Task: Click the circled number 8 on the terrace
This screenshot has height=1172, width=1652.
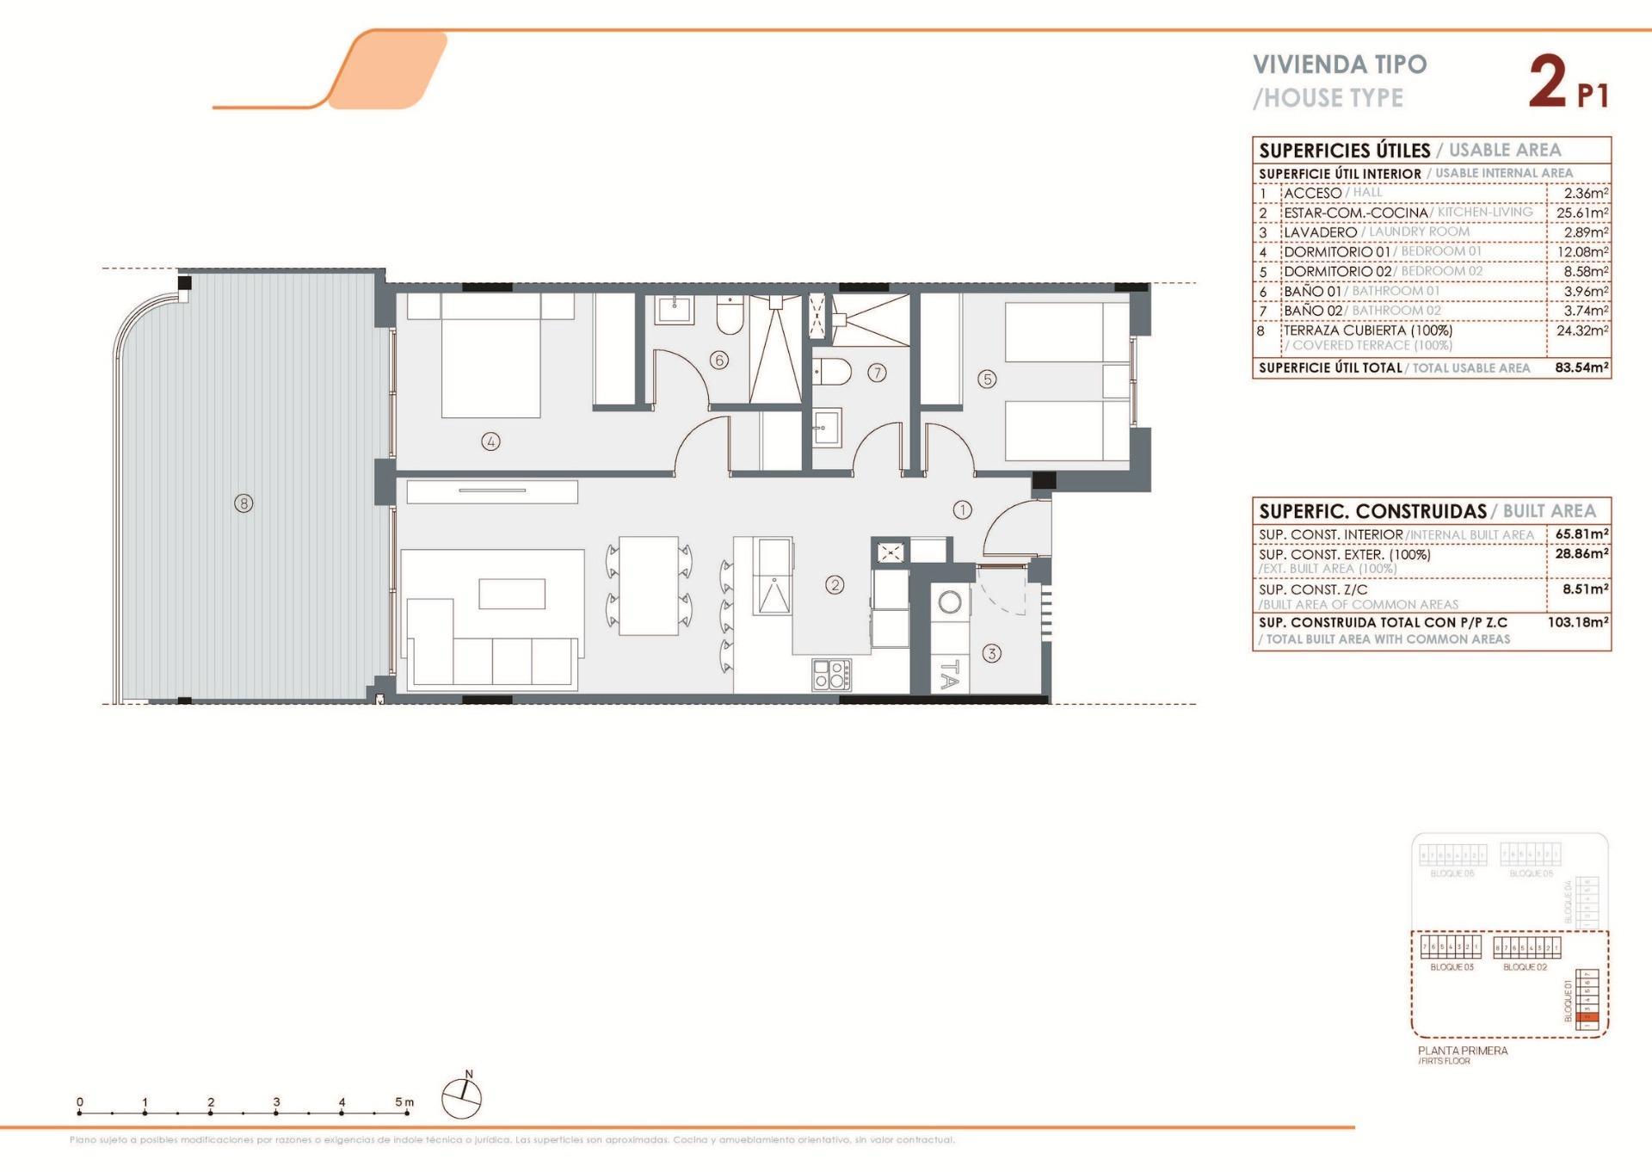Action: click(243, 503)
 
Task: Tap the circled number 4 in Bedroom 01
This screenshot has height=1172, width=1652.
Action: click(490, 441)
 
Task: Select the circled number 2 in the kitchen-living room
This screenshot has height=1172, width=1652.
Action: click(835, 584)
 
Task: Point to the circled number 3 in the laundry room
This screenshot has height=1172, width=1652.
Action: click(991, 653)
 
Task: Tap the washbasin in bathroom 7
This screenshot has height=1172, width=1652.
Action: click(827, 427)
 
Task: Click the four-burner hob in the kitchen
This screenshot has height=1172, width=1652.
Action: click(832, 674)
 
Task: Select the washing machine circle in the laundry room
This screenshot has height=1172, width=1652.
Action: click(950, 601)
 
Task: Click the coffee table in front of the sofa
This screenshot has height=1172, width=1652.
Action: click(512, 594)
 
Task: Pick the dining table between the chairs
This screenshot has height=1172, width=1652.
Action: click(649, 585)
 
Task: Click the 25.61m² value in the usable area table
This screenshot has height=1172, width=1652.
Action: click(1581, 213)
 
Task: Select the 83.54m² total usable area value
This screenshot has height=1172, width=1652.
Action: click(1581, 367)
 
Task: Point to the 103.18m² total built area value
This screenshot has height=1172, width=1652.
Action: click(1578, 621)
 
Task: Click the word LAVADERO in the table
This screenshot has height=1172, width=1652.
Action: click(1320, 232)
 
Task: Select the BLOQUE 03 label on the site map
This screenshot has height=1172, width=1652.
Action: click(1452, 967)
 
